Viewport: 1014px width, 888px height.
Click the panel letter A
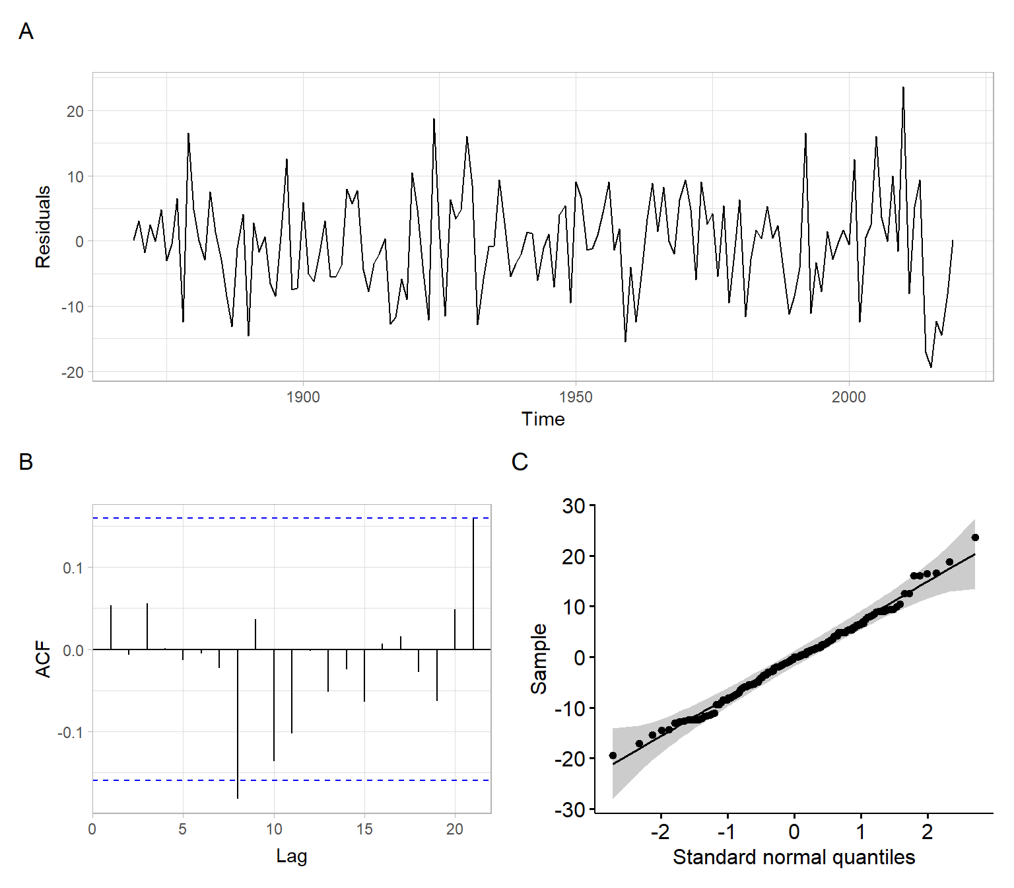[x=26, y=31]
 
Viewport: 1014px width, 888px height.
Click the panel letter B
[x=26, y=461]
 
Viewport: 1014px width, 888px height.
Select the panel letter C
[x=520, y=461]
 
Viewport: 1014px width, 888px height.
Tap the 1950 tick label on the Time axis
[x=576, y=397]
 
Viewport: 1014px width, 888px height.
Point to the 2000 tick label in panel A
[x=848, y=397]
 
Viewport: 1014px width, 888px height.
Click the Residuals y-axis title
[x=43, y=227]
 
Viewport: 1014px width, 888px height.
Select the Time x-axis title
[x=543, y=419]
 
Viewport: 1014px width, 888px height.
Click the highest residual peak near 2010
[x=903, y=88]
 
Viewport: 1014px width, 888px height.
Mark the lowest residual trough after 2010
[x=931, y=367]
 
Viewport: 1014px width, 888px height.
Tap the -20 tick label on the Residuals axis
[x=73, y=373]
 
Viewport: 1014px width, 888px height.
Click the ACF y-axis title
[x=43, y=659]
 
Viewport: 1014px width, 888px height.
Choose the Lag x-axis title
[x=291, y=856]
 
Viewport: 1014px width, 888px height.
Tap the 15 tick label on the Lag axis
[x=364, y=829]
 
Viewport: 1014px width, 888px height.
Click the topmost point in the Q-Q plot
[x=975, y=537]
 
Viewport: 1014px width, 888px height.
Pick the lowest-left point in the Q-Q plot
[x=613, y=755]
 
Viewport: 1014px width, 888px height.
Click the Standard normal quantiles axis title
[x=794, y=857]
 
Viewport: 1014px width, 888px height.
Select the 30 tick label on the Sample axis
[x=574, y=506]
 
